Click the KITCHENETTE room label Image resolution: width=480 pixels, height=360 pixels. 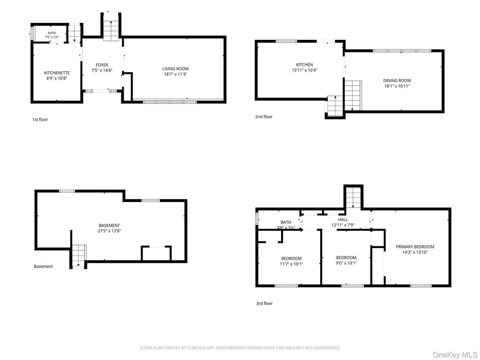click(x=57, y=73)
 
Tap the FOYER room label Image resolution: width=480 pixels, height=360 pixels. click(x=102, y=65)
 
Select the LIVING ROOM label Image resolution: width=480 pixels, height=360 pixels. click(x=175, y=69)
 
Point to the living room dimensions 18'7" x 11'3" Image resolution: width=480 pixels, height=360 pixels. click(x=175, y=74)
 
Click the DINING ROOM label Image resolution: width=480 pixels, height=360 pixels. click(x=397, y=81)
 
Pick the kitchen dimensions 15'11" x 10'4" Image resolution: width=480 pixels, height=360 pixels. click(x=305, y=70)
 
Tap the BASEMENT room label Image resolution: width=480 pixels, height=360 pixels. click(x=109, y=225)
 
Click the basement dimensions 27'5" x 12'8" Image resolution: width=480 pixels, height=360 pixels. click(x=109, y=231)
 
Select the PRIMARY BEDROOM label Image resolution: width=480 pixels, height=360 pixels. click(x=415, y=247)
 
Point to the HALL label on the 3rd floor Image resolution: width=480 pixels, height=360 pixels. click(x=343, y=220)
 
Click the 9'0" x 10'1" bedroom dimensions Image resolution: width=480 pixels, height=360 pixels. click(x=346, y=263)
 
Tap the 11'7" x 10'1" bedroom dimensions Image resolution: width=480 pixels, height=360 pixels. click(x=292, y=264)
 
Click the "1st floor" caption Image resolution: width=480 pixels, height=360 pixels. click(x=40, y=120)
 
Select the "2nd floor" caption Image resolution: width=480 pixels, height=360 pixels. click(x=264, y=117)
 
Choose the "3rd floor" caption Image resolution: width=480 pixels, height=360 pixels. click(x=264, y=303)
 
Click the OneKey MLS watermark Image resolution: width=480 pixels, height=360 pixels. click(x=455, y=355)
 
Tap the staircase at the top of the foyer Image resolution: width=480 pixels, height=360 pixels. click(x=111, y=26)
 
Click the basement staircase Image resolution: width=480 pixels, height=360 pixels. click(x=79, y=256)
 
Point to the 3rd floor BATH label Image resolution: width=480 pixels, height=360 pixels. click(x=286, y=222)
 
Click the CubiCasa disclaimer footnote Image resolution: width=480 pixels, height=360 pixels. click(x=240, y=348)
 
